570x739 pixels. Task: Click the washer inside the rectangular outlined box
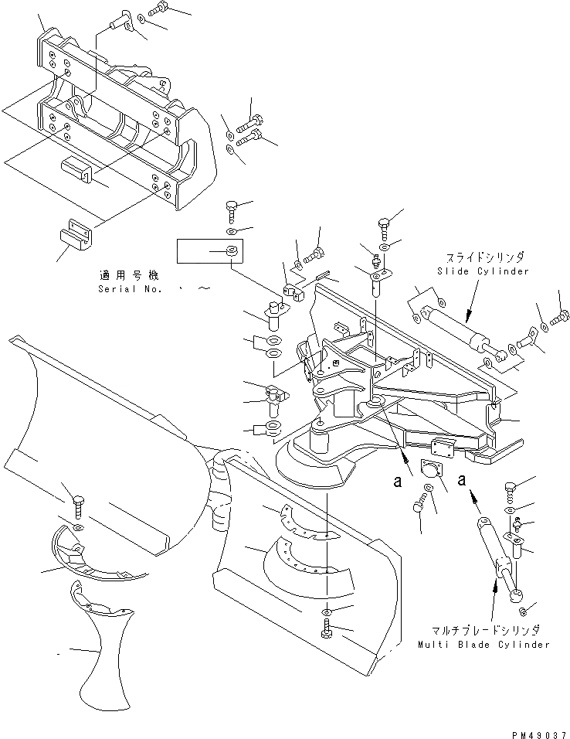pos(232,251)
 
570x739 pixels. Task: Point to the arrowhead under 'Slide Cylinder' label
pos(466,313)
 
